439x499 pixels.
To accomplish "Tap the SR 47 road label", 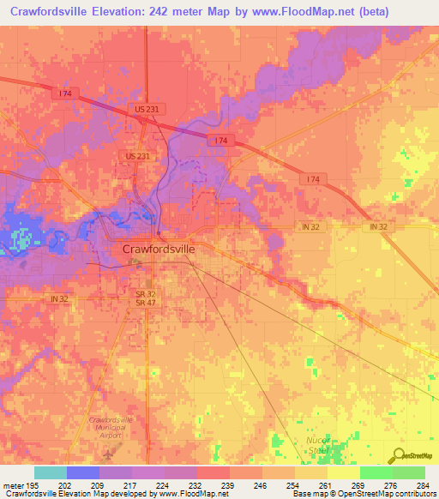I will tap(144, 304).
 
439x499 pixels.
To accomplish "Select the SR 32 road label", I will tap(144, 293).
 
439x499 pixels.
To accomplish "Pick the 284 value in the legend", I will tap(423, 484).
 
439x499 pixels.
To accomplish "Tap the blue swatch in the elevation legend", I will tap(82, 472).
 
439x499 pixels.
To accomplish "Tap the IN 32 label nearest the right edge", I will tap(380, 225).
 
